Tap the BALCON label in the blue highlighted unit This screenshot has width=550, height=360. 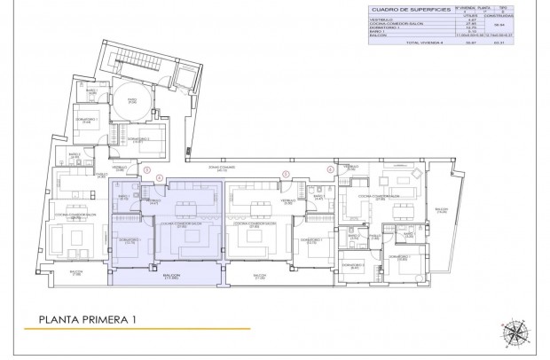point(171,276)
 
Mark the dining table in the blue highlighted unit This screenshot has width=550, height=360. point(186,210)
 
